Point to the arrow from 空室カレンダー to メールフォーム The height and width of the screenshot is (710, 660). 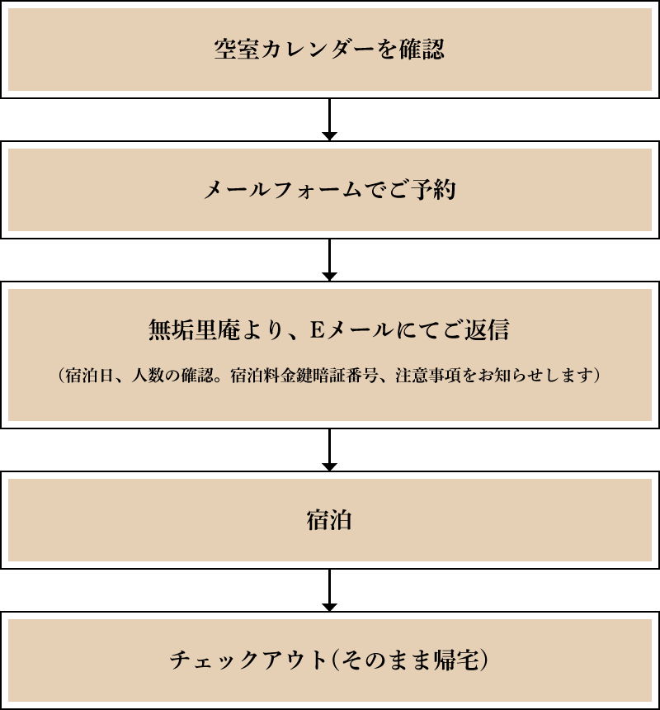(x=330, y=120)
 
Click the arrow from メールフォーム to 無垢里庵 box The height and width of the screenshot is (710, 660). (x=330, y=260)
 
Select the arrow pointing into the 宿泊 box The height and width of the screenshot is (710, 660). (x=330, y=450)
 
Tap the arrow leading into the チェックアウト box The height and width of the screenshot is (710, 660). (x=330, y=590)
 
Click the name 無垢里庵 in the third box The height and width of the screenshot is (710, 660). (x=194, y=330)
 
